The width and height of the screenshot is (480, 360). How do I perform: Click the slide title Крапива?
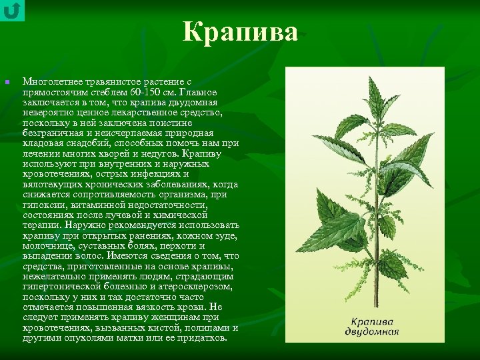point(240,32)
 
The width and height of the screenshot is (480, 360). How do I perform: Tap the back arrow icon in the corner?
point(12,10)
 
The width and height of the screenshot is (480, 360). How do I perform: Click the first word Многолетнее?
point(51,81)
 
